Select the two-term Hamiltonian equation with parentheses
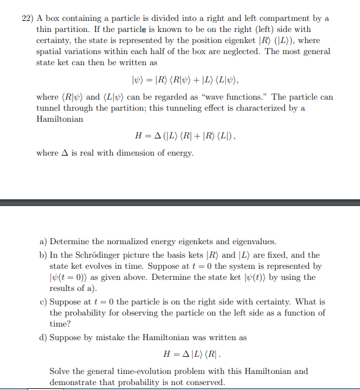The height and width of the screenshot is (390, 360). tap(185, 136)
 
